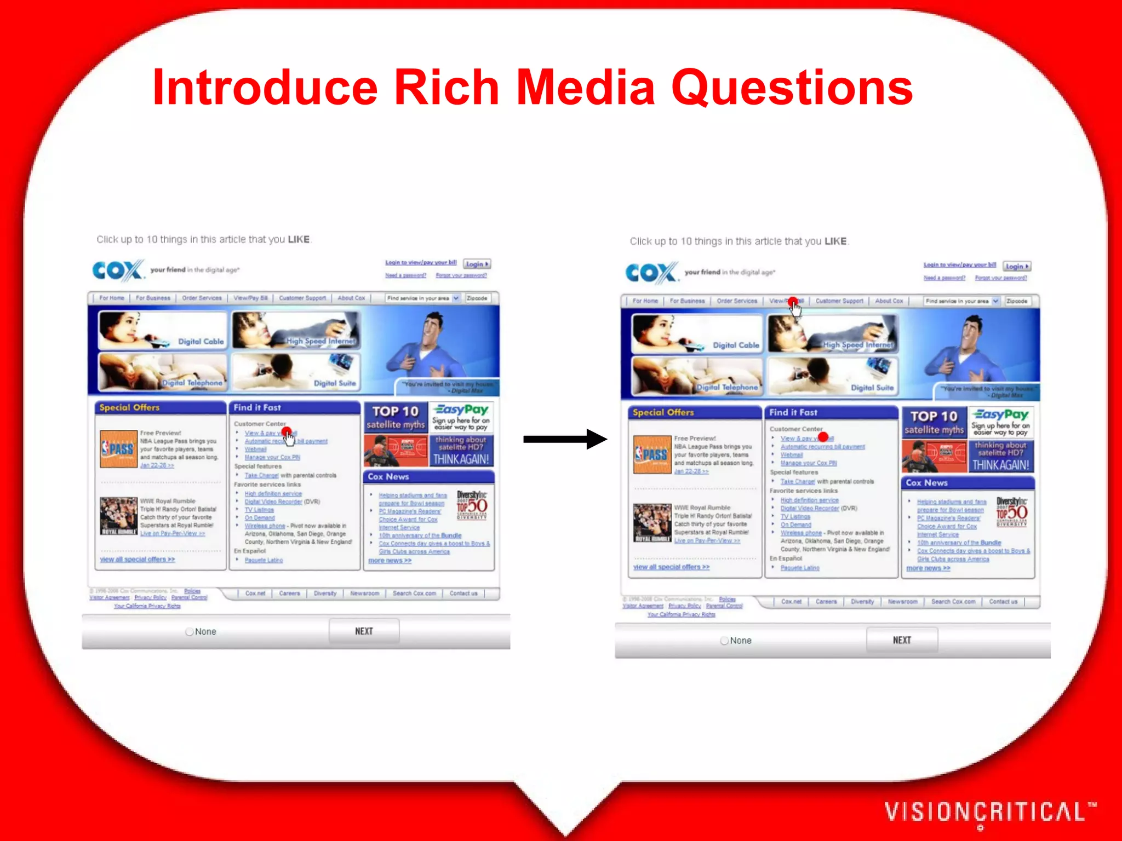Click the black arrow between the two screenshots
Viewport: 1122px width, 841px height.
coord(564,439)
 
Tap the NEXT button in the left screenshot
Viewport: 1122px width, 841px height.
coord(364,631)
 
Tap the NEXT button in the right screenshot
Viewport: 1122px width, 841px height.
coord(902,640)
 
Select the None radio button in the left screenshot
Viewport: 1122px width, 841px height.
coord(190,632)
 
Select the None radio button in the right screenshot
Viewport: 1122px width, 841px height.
coord(724,641)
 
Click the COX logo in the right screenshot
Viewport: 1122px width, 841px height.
coord(651,273)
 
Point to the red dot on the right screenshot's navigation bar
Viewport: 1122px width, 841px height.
coord(793,302)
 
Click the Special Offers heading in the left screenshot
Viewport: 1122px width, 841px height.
coord(130,407)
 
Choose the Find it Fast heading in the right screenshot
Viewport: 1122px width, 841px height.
coord(793,412)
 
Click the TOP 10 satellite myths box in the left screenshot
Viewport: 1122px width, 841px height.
coord(396,418)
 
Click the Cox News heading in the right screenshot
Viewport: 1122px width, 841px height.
coord(927,483)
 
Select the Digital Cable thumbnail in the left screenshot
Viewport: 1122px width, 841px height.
coord(162,330)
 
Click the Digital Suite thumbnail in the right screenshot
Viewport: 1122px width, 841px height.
coord(833,376)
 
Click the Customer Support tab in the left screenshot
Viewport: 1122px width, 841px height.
coord(302,298)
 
